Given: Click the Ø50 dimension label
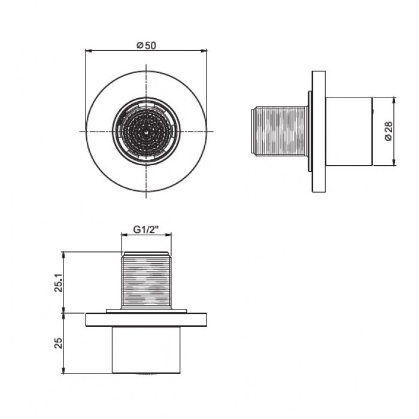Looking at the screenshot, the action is point(146,45).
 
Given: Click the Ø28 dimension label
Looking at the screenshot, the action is point(388,131).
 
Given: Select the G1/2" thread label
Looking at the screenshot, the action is point(146,229).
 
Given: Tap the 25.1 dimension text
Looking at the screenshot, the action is point(59,283).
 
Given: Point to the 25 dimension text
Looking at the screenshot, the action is point(58,343).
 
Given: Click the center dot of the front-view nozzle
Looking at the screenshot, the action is point(145,131).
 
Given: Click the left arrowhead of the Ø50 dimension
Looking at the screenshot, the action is point(88,50).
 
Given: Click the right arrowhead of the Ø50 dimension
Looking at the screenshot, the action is point(204,50).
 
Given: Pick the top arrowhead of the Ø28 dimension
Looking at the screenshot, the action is point(394,101).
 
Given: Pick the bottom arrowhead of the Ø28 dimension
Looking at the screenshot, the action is point(394,162).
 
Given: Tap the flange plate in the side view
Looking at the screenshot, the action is point(319,132).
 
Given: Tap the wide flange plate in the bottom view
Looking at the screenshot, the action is point(146,320).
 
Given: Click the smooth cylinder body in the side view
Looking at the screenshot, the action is point(349,132).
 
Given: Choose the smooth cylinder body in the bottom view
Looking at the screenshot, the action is point(146,350).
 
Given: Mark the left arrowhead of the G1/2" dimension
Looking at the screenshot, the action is point(125,235).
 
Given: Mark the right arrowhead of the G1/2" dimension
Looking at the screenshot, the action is point(168,235).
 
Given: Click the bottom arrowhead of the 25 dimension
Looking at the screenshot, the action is point(63,370).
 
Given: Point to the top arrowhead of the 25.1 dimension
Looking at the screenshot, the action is point(63,255).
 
